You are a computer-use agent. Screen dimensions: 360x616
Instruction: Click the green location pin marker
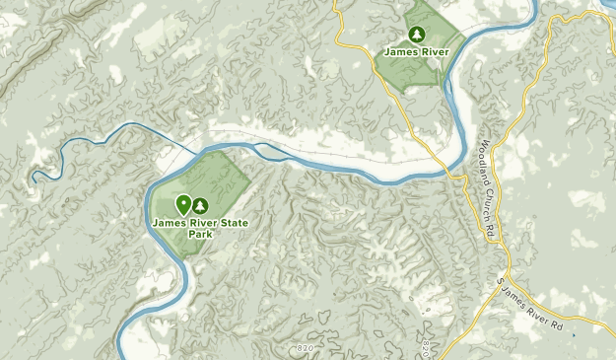click(x=183, y=204)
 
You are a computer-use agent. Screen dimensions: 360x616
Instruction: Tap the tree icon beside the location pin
click(x=201, y=205)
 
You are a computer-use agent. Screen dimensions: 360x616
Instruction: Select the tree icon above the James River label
click(x=417, y=36)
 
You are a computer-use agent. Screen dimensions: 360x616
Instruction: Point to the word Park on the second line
click(x=201, y=234)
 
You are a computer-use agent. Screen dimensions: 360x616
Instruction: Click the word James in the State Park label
click(x=169, y=222)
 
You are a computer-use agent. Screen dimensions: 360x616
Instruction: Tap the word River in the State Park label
click(x=200, y=222)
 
